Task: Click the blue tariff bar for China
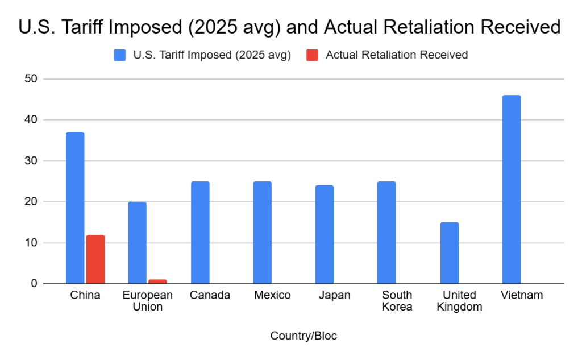75,208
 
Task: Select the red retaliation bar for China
95,259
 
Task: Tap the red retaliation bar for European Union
157,282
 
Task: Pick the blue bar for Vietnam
512,189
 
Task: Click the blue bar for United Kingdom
449,253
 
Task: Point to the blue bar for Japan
325,234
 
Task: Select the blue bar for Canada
200,232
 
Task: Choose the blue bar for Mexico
262,232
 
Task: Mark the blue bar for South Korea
386,232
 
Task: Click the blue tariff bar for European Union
137,242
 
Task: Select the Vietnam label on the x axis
522,295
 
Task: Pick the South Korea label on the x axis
397,301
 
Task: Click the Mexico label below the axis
272,295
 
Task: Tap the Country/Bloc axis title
304,336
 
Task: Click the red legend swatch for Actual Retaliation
313,55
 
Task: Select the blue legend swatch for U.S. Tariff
120,55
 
